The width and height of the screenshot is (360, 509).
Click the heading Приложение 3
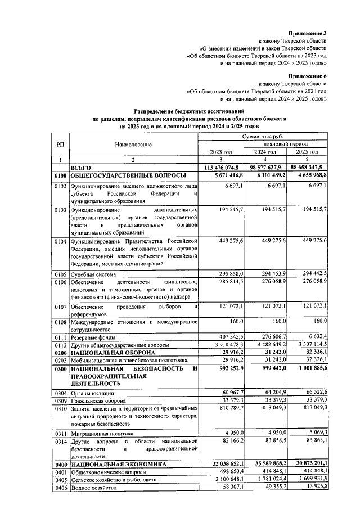308,34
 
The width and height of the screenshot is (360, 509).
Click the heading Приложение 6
308,75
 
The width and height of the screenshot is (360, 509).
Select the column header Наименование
133,145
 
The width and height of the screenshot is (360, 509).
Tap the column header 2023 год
221,152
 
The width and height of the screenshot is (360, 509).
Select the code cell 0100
60,176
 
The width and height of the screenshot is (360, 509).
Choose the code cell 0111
60,336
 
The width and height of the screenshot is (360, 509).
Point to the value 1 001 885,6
308,369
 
